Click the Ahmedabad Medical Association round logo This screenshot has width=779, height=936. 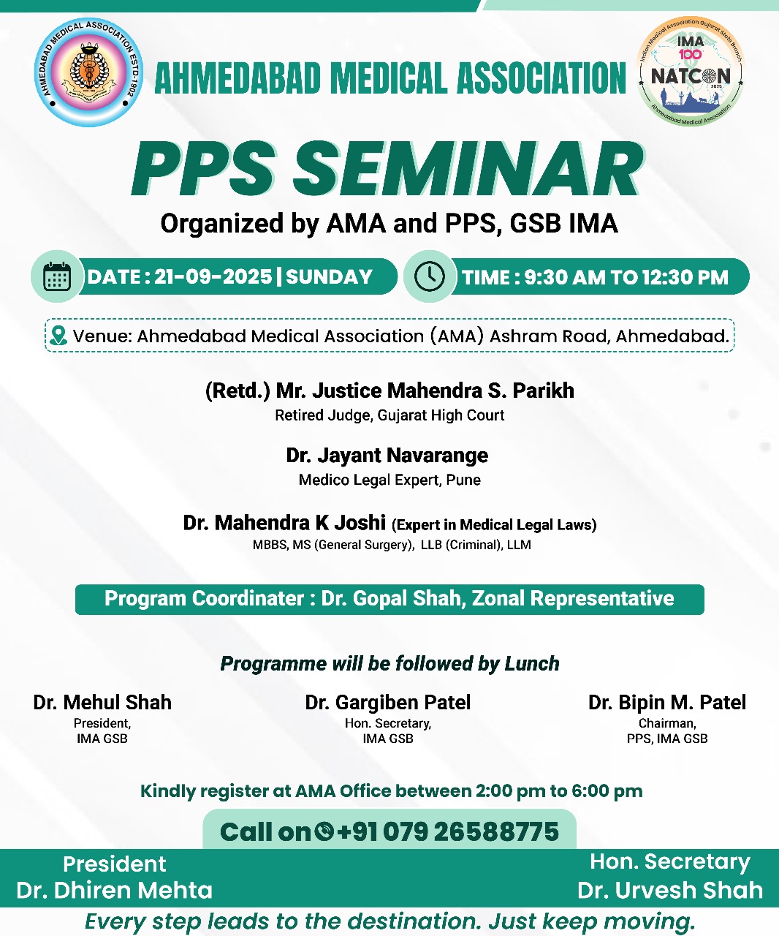click(x=88, y=72)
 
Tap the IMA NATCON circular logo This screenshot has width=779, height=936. click(x=691, y=71)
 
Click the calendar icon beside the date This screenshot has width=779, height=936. click(x=57, y=276)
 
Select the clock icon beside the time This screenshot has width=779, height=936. click(x=429, y=276)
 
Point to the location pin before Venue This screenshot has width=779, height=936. click(x=58, y=336)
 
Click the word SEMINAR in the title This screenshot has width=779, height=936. click(x=468, y=169)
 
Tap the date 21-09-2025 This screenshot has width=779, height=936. click(x=213, y=276)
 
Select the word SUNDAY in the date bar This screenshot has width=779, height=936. click(x=330, y=276)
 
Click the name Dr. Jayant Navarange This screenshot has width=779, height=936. click(x=387, y=455)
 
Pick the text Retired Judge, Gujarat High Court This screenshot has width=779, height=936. click(x=389, y=415)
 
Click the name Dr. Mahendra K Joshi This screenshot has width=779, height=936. click(x=284, y=523)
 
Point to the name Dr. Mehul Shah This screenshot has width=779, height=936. click(x=102, y=703)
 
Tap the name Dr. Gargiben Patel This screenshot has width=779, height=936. click(x=388, y=703)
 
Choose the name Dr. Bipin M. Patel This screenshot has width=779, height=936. click(x=667, y=703)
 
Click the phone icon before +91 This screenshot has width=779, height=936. click(x=324, y=831)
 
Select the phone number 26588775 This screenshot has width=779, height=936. click(x=496, y=831)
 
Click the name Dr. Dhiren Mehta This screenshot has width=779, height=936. click(x=114, y=890)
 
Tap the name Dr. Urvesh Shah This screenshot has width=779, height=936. click(x=670, y=890)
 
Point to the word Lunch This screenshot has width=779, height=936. click(x=532, y=664)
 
